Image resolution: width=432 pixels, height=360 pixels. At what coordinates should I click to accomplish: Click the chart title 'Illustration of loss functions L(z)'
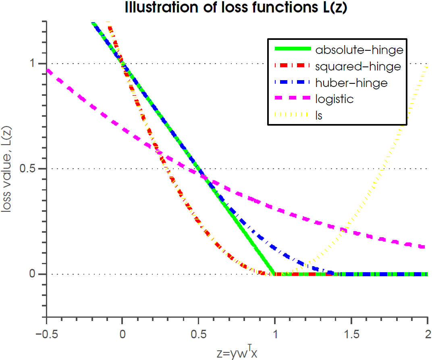click(236, 8)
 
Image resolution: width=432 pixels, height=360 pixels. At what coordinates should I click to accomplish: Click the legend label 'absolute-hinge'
click(359, 50)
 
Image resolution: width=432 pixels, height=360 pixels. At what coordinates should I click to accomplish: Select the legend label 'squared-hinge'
click(358, 66)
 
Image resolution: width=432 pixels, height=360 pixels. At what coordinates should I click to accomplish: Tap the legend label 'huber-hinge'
click(351, 83)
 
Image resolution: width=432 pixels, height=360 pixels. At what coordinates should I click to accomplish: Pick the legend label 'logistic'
click(334, 99)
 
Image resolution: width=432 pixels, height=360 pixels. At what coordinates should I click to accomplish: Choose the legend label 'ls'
click(319, 115)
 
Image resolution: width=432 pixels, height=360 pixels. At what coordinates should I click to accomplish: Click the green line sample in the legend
click(293, 49)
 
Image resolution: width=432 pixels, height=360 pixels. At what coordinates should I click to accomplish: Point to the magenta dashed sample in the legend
click(293, 97)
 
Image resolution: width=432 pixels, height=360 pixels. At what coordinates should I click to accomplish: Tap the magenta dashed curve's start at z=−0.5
click(48, 70)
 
